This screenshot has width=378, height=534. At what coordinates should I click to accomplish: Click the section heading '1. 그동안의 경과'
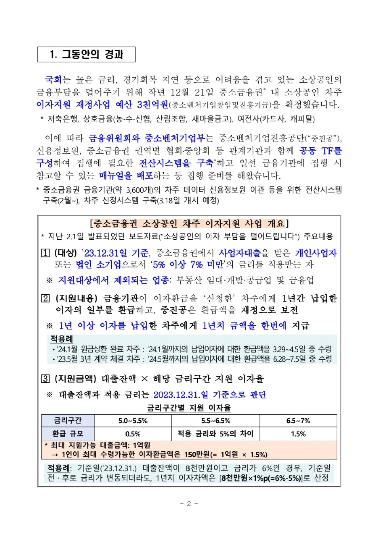[87, 54]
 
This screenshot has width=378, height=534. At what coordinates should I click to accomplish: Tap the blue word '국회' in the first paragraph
[53, 79]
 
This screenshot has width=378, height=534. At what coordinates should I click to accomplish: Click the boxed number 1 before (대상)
[45, 253]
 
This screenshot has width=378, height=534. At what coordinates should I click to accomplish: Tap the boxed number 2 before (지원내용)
[45, 298]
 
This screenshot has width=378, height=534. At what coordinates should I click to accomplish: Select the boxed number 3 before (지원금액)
[45, 379]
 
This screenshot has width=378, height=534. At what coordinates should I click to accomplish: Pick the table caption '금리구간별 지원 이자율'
[189, 408]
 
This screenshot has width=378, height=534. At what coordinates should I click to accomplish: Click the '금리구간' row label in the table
[68, 421]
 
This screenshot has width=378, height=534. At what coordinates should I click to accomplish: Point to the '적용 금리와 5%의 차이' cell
[215, 434]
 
